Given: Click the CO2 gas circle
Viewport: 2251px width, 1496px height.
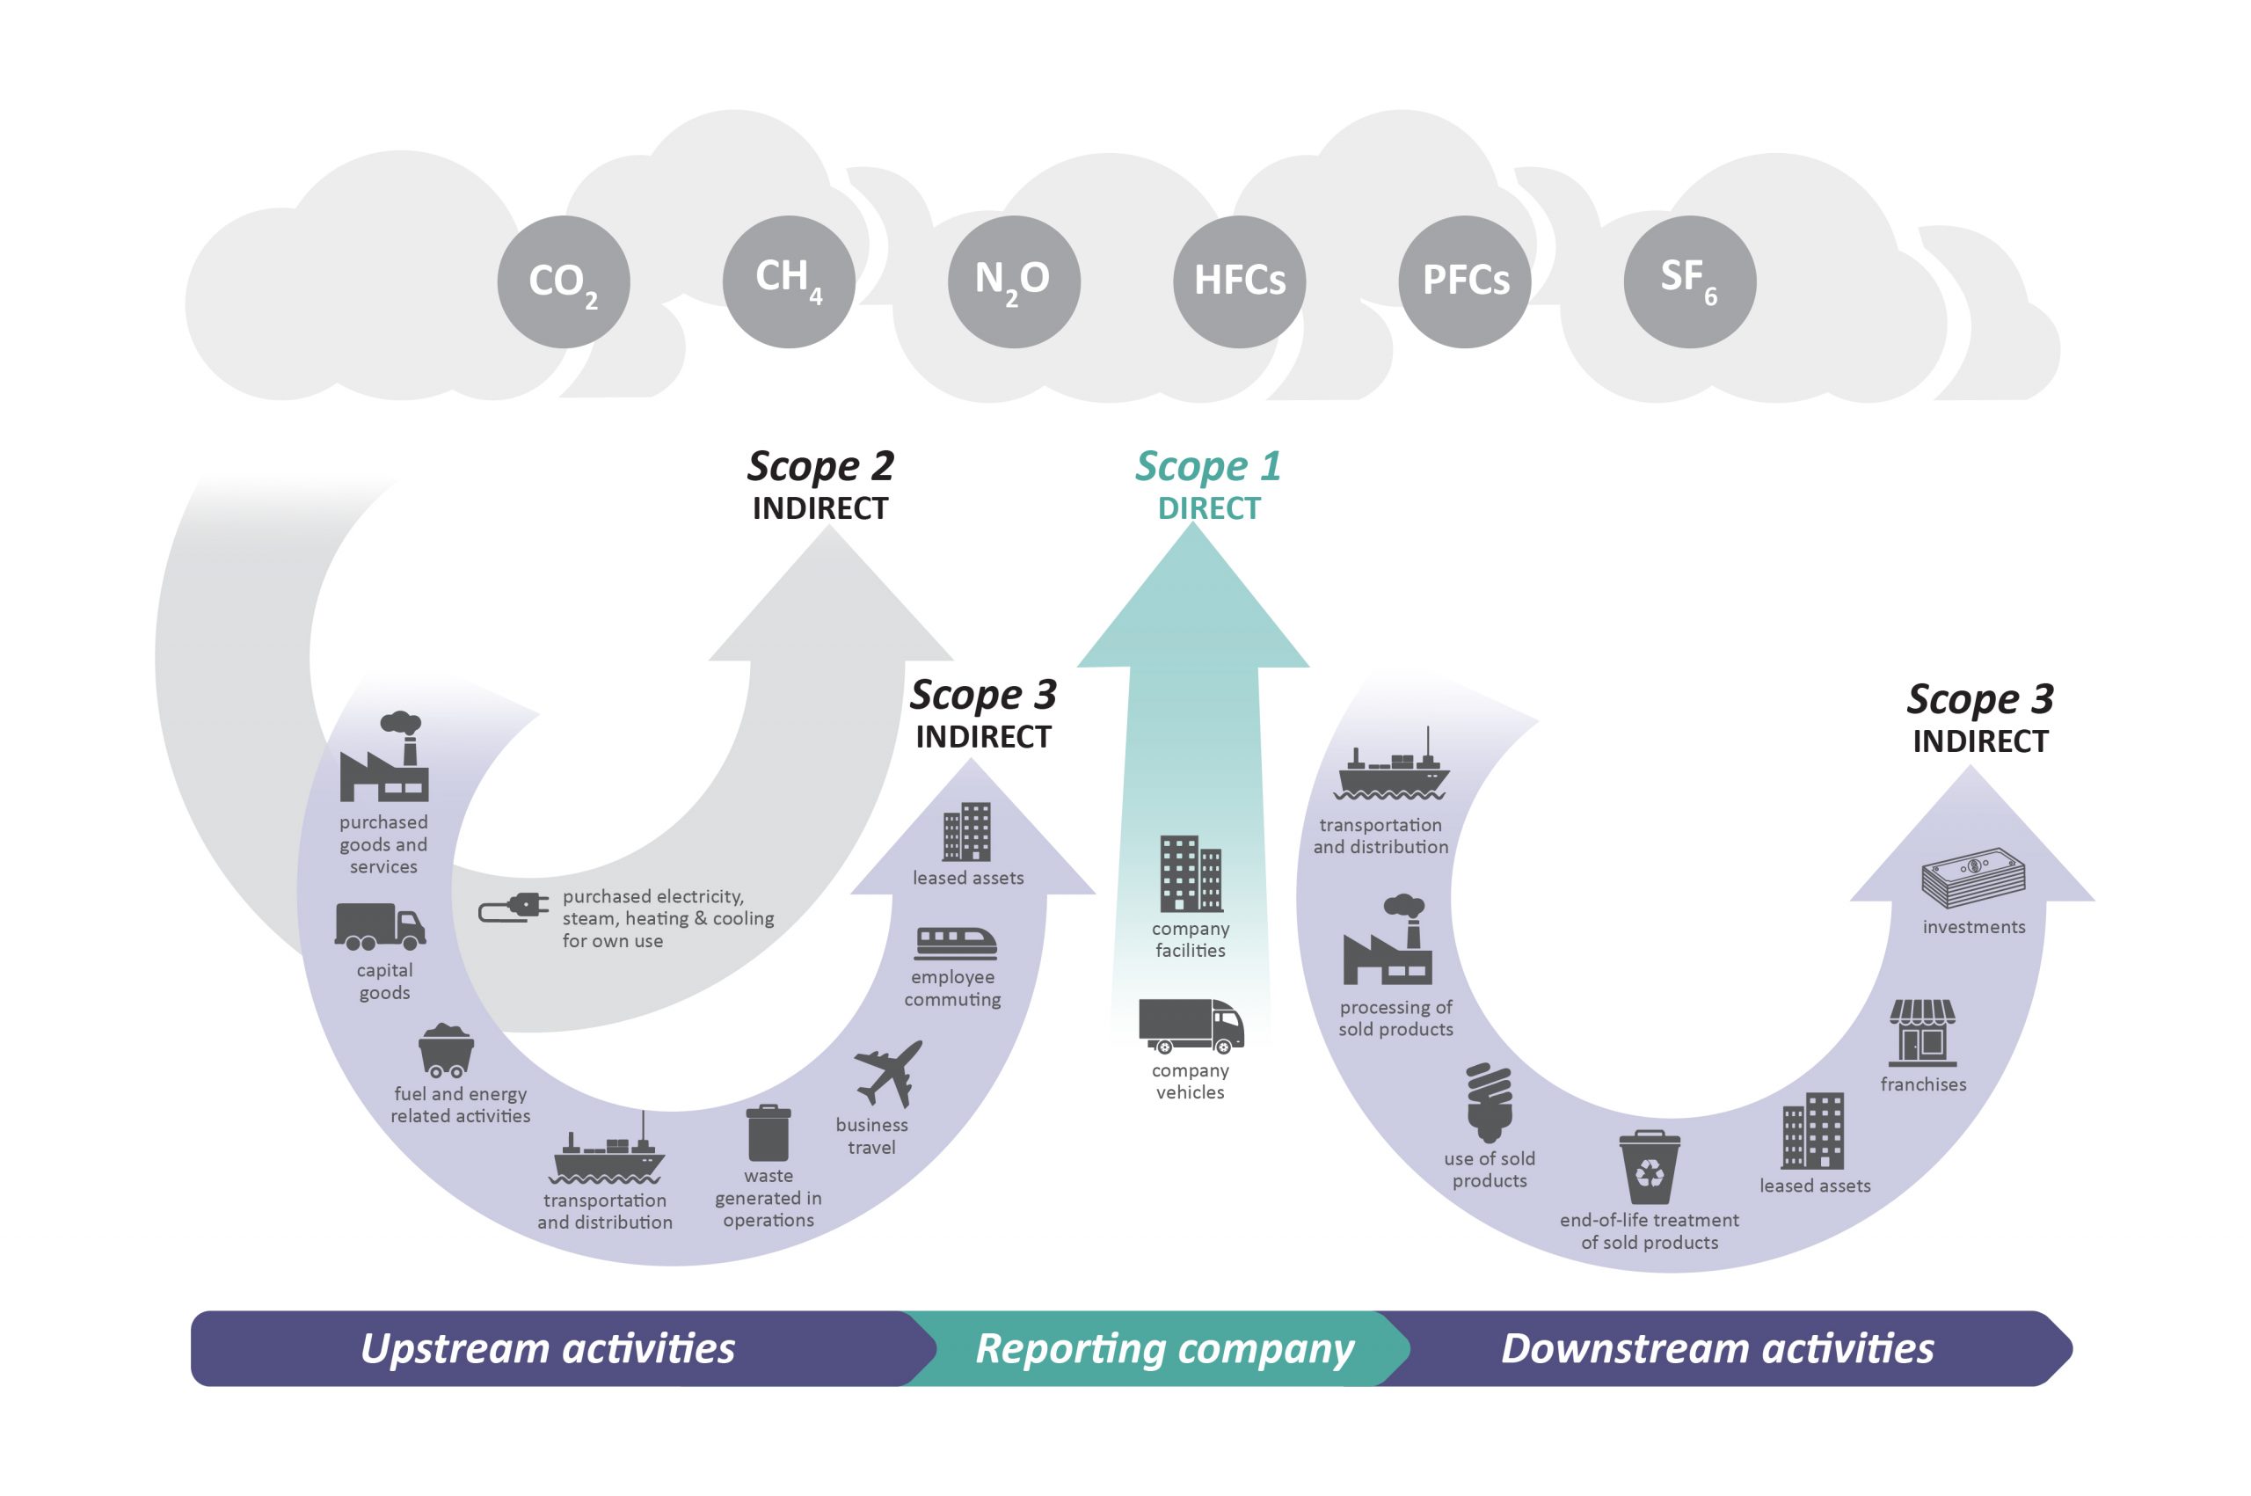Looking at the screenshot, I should (x=563, y=281).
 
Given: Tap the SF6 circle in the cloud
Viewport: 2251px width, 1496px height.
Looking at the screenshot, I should (x=1689, y=281).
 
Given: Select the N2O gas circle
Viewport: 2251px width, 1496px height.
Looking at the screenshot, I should (x=1013, y=281).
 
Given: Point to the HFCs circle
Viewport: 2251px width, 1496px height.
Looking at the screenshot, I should (x=1239, y=281).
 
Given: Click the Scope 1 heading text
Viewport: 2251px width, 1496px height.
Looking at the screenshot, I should (x=1207, y=466).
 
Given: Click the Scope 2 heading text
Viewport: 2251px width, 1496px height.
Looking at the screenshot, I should (x=820, y=466).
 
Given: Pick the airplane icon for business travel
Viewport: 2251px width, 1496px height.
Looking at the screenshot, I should (x=889, y=1072).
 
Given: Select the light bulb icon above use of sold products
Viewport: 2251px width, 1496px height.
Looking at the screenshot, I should (x=1489, y=1103).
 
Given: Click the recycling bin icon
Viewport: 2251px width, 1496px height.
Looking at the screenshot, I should (x=1650, y=1168).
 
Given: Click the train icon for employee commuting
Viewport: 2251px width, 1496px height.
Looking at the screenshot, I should (x=956, y=943).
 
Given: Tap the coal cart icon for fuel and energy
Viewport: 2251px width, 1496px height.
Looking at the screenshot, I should (x=446, y=1049).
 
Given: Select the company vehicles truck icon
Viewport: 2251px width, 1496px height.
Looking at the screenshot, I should (x=1191, y=1025).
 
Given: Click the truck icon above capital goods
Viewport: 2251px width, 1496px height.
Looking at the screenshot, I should (x=380, y=926).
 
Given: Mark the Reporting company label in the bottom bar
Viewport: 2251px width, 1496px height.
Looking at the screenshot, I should (x=1164, y=1348).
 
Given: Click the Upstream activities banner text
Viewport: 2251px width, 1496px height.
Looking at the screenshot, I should (x=548, y=1348).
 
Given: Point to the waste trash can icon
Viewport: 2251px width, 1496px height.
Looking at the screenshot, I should (x=768, y=1133).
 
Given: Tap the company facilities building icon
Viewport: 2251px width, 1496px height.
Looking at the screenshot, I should (x=1191, y=874).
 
